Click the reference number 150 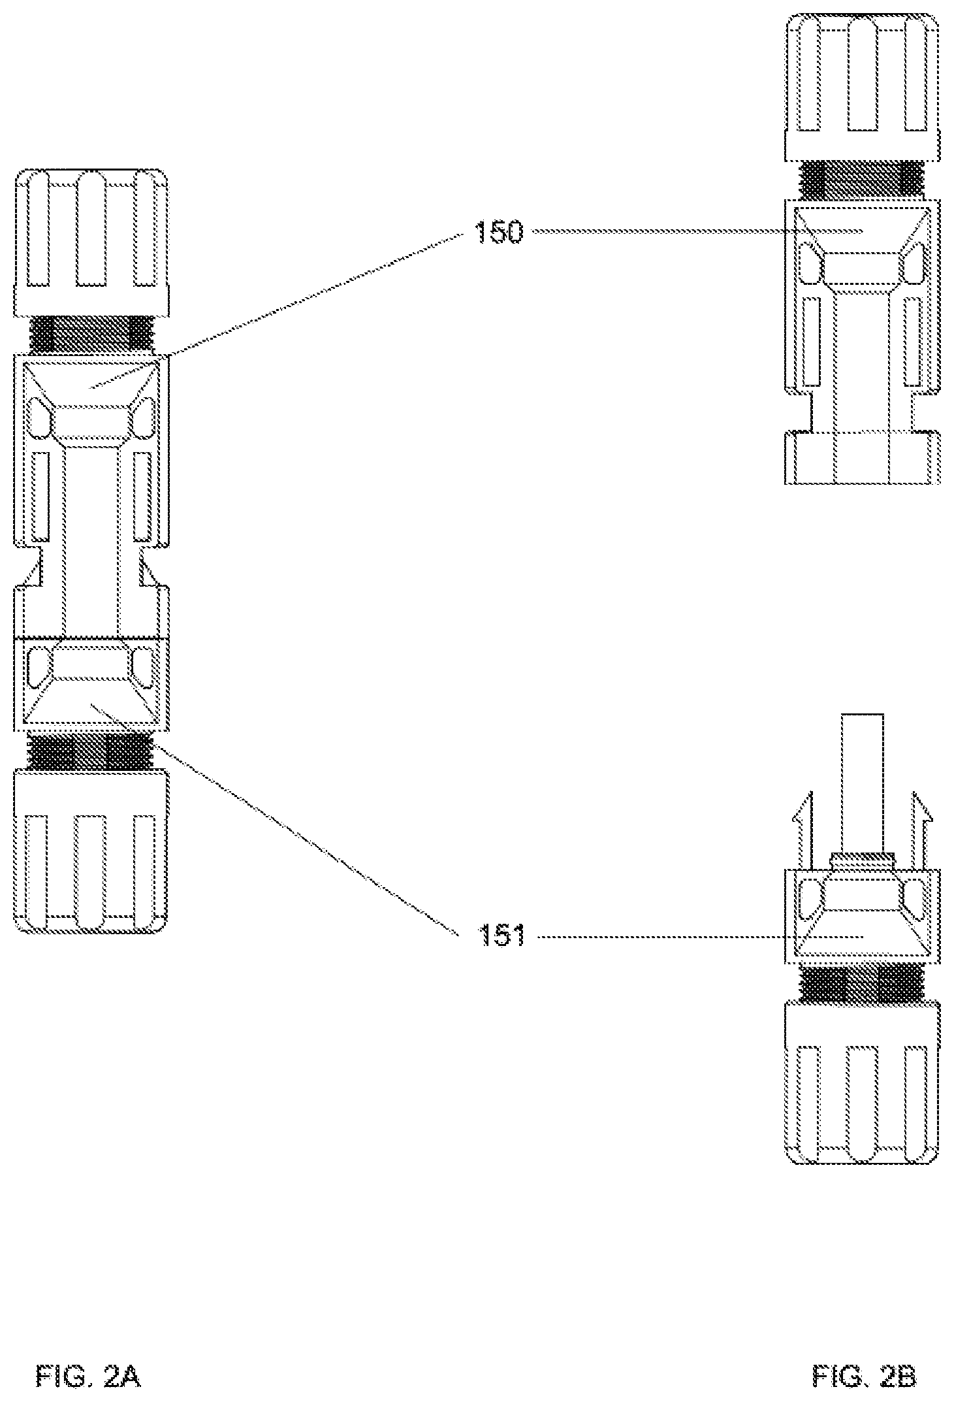(499, 231)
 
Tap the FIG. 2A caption (88, 1377)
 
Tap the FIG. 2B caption (864, 1377)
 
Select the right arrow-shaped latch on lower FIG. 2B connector (921, 830)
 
